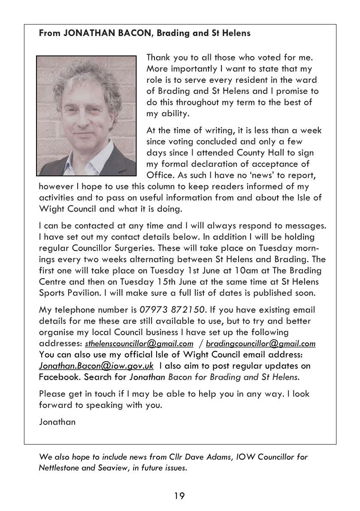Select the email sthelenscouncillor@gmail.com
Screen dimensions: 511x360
tap(139, 344)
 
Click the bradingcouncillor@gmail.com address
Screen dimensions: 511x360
tap(260, 344)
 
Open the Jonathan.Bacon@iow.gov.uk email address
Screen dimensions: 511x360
tap(96, 366)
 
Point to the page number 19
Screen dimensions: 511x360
tap(179, 496)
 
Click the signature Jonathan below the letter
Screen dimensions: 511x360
tap(57, 422)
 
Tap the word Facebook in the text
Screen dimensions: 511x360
tap(59, 377)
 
